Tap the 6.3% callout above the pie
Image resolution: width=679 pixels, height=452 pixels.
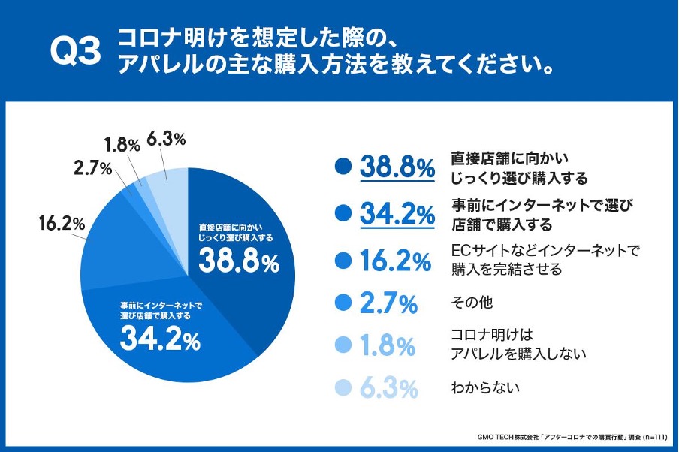[167, 139]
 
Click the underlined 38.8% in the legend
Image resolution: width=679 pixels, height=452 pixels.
[397, 167]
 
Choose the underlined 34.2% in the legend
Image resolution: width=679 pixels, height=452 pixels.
[397, 214]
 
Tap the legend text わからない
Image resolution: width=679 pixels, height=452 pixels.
[485, 389]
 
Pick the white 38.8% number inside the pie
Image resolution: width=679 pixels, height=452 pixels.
[239, 263]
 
